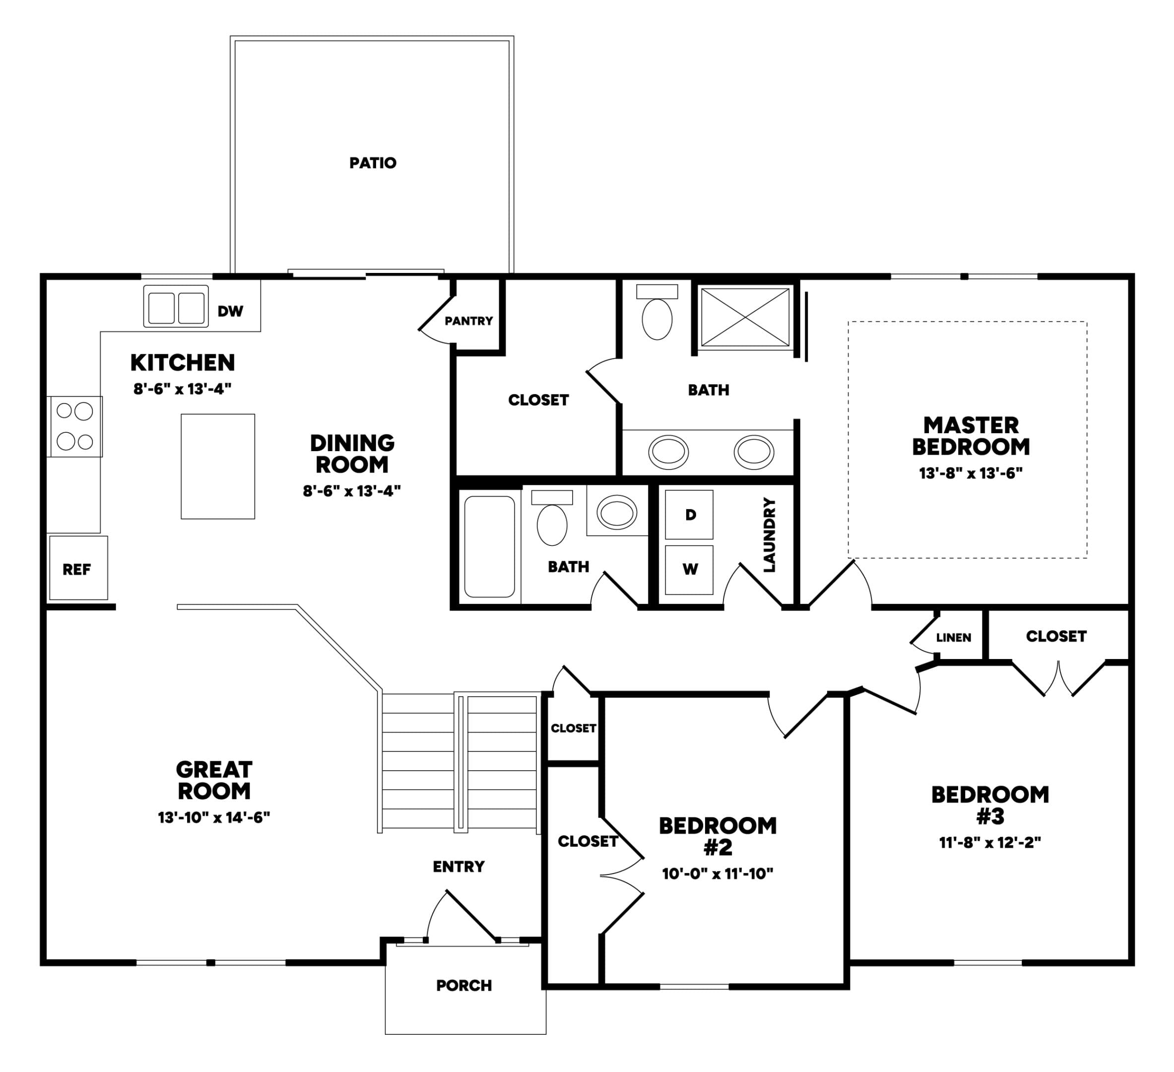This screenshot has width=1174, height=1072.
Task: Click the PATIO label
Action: click(x=373, y=163)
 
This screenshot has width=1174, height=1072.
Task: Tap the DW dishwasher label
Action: click(x=230, y=311)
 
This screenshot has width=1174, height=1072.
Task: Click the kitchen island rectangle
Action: click(x=218, y=466)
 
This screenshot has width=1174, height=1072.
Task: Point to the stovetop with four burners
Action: click(x=75, y=426)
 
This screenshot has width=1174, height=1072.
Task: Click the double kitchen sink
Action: click(x=176, y=306)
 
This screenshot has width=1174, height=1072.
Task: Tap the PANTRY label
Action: click(x=468, y=321)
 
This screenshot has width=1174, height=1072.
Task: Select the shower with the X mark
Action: click(x=745, y=318)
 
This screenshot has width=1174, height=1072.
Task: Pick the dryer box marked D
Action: click(x=690, y=515)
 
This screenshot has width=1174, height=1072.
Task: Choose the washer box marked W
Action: click(x=690, y=570)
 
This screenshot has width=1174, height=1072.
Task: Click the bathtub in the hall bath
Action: click(x=490, y=546)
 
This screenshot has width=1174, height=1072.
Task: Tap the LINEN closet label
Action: click(x=953, y=638)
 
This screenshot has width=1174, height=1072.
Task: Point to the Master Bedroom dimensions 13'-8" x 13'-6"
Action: click(x=971, y=473)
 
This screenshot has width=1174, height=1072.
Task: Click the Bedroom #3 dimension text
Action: click(x=990, y=842)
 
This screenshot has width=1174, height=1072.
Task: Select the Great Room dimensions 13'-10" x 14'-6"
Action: click(x=214, y=817)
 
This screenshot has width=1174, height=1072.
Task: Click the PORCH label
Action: click(x=464, y=986)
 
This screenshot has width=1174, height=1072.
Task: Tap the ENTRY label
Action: click(x=459, y=867)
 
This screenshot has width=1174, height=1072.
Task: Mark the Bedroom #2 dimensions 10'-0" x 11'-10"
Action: click(x=717, y=874)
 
